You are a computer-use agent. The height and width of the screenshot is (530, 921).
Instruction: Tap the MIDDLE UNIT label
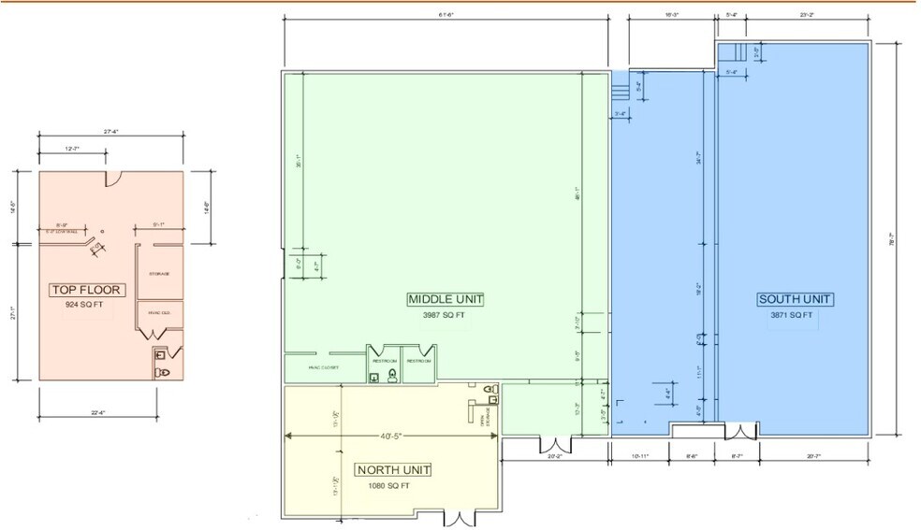click(x=446, y=299)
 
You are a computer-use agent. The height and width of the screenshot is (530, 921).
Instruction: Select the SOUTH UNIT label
click(x=795, y=299)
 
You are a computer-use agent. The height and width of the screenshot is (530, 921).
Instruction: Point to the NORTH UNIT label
click(x=393, y=469)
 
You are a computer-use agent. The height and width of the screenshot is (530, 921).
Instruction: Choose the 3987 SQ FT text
click(x=444, y=315)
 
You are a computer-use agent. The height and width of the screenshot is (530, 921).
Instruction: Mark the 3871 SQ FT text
click(x=791, y=315)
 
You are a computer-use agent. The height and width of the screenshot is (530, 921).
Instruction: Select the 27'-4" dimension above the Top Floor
click(x=110, y=132)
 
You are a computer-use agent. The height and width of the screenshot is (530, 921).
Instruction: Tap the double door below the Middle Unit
click(x=556, y=443)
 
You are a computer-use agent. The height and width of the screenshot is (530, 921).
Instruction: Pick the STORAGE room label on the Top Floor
click(x=158, y=274)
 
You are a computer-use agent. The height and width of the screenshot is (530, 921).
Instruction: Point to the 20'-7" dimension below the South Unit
click(x=811, y=456)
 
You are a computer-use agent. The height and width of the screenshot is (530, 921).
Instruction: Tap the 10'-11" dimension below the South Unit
click(x=640, y=456)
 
